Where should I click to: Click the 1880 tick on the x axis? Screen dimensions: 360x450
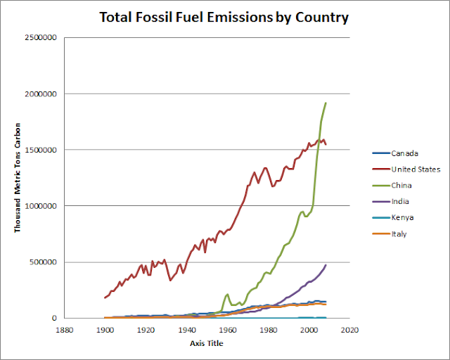pos(65,328)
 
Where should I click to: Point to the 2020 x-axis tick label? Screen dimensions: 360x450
pos(349,328)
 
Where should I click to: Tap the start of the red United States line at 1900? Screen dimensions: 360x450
pos(105,297)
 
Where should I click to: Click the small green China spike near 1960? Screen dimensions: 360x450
pos(227,294)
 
